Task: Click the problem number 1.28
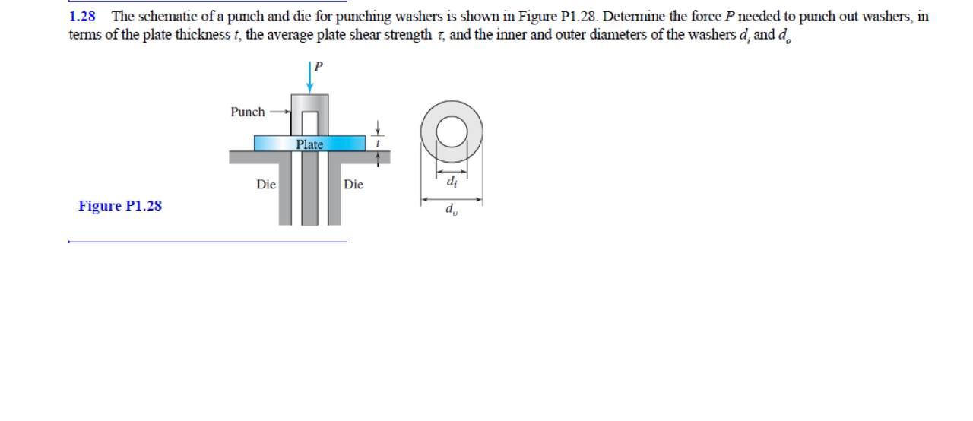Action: pyautogui.click(x=82, y=16)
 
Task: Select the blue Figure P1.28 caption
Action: pyautogui.click(x=120, y=206)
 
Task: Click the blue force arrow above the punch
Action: pyautogui.click(x=310, y=77)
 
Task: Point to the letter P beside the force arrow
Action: pyautogui.click(x=319, y=66)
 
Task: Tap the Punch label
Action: pyautogui.click(x=248, y=112)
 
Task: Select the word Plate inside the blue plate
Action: pyautogui.click(x=309, y=144)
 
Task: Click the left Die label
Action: pyautogui.click(x=265, y=184)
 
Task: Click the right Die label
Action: pyautogui.click(x=353, y=184)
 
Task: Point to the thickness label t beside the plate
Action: pyautogui.click(x=378, y=143)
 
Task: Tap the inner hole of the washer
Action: pyautogui.click(x=452, y=131)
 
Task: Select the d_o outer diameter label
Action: pyautogui.click(x=452, y=209)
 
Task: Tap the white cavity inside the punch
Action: pyautogui.click(x=309, y=122)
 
